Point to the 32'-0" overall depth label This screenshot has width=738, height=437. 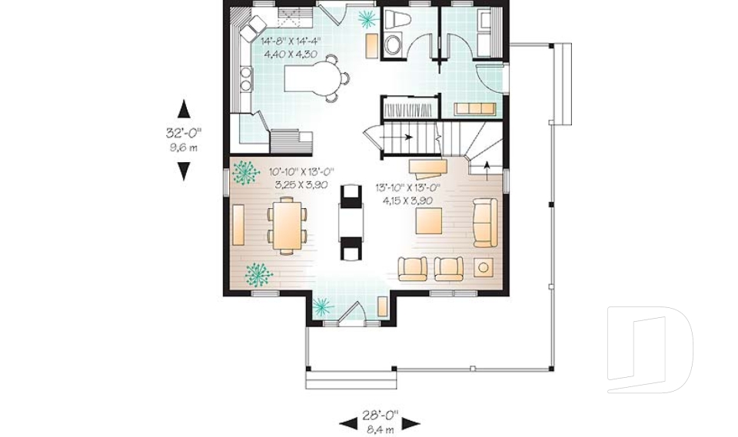[183, 132]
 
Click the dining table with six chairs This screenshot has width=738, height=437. [287, 224]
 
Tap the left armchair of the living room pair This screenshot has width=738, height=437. [413, 268]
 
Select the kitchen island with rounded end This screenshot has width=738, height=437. [316, 78]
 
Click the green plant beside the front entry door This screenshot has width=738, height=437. [321, 306]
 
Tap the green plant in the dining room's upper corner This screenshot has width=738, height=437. [246, 173]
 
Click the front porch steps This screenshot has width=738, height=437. [351, 379]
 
